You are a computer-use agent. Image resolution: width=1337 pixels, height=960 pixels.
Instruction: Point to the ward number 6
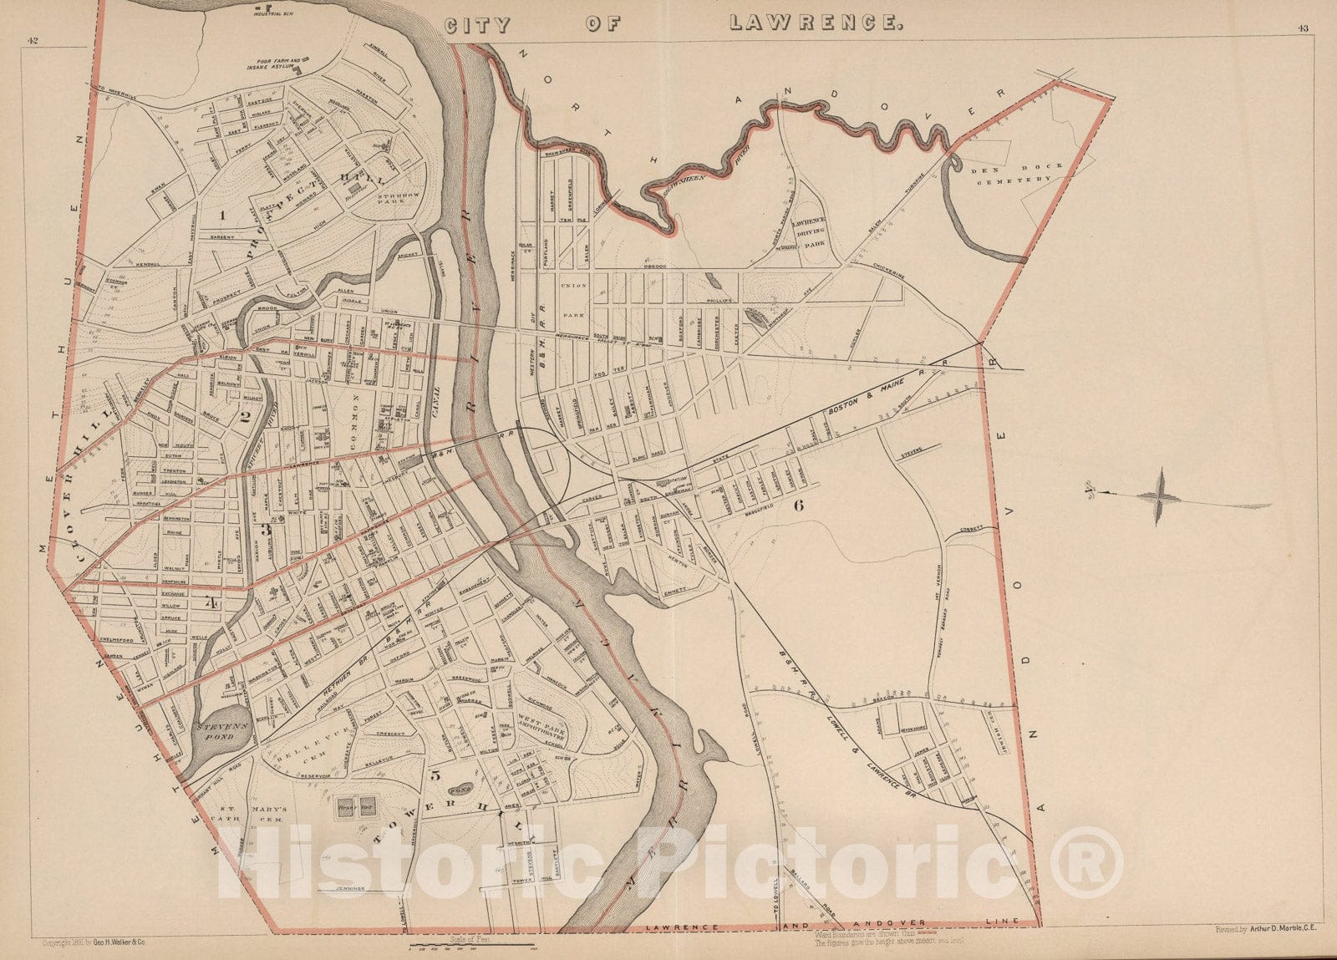(799, 505)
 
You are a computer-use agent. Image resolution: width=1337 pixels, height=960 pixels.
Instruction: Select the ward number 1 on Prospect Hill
(223, 215)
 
